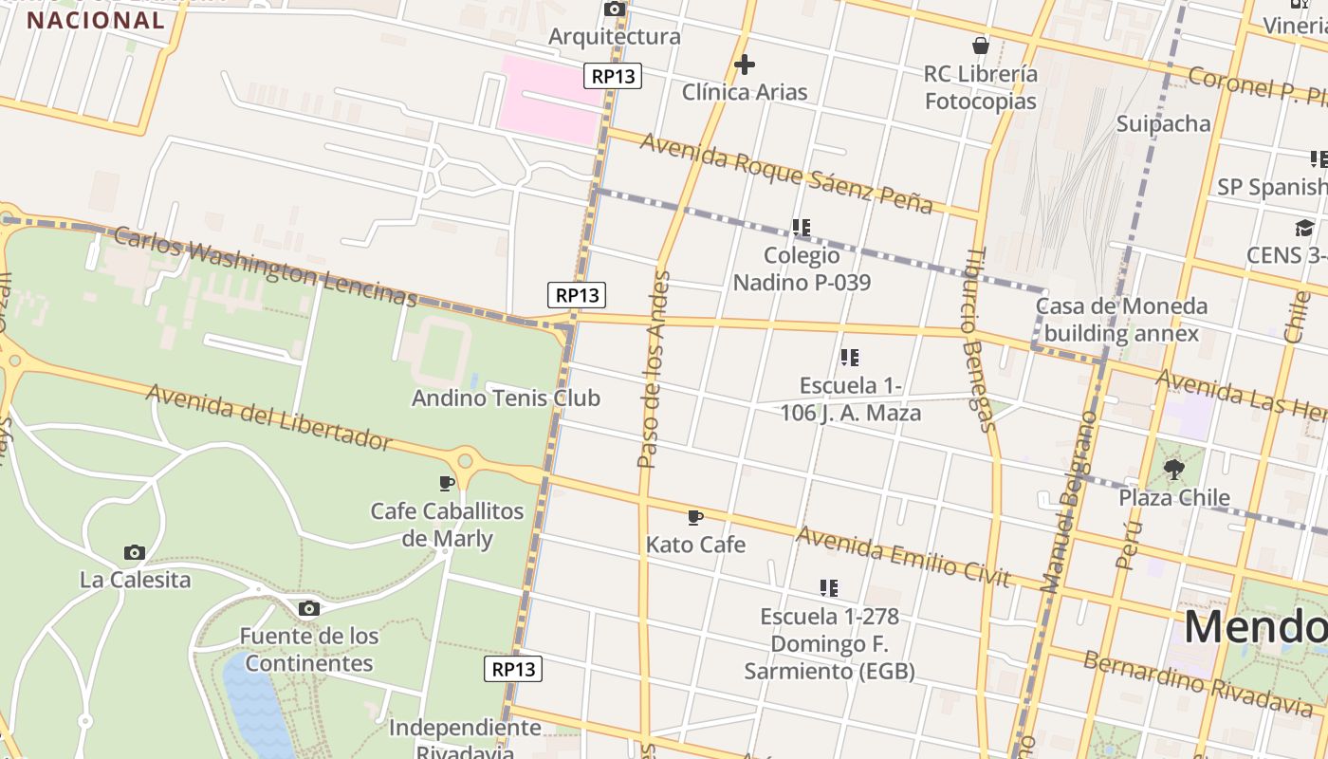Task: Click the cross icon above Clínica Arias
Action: (x=745, y=65)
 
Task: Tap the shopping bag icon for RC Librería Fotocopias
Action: (x=981, y=46)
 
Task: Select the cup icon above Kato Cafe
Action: (x=695, y=517)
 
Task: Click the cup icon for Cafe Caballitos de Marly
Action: (x=447, y=483)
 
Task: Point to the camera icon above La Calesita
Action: (x=135, y=552)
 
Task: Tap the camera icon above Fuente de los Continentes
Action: (x=308, y=608)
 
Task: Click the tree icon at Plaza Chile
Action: (x=1174, y=469)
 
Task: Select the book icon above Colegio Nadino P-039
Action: (x=802, y=228)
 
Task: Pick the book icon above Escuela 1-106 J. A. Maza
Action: (x=850, y=358)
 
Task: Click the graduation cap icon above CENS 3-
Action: (x=1304, y=228)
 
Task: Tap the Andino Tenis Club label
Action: (x=506, y=398)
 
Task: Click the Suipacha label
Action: (x=1163, y=123)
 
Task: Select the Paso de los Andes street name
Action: (x=655, y=370)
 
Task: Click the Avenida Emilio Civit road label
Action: (x=904, y=556)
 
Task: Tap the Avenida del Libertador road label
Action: (x=268, y=417)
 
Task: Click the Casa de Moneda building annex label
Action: (x=1121, y=320)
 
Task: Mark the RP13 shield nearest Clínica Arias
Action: (x=613, y=76)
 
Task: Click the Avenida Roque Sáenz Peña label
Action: (x=786, y=173)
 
